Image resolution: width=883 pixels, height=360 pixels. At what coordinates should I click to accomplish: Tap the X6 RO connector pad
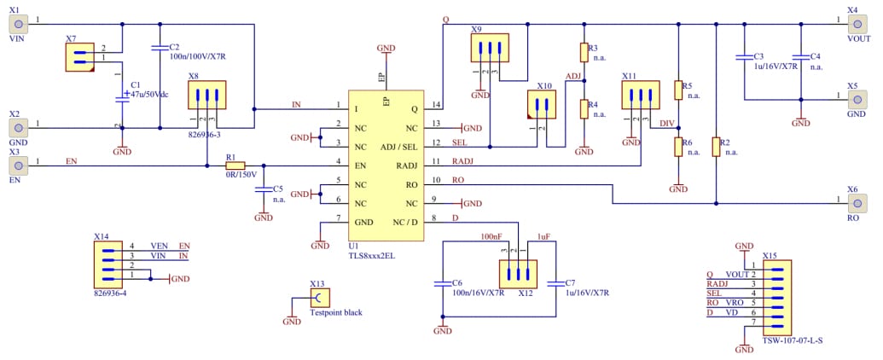pos(857,204)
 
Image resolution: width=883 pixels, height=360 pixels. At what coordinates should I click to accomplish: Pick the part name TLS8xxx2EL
pos(370,254)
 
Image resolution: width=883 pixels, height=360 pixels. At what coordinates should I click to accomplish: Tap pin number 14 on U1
pos(437,105)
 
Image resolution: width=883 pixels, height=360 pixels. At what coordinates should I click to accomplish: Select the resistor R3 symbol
pos(584,53)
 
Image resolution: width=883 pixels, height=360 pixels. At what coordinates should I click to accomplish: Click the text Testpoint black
pos(335,312)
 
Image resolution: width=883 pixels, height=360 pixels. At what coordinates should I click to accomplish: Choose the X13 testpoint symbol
pos(317,297)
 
